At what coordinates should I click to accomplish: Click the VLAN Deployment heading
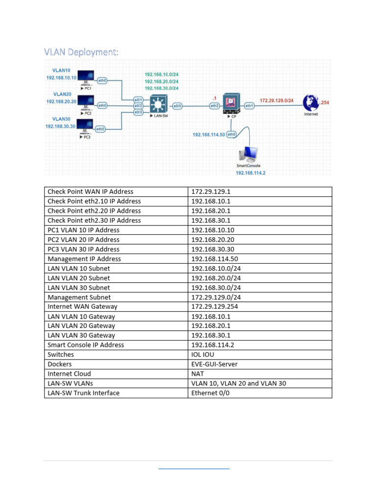(x=81, y=52)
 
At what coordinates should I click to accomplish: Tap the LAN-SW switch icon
(x=157, y=104)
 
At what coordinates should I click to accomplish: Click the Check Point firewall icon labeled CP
(x=230, y=103)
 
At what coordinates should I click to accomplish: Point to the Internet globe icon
(x=310, y=103)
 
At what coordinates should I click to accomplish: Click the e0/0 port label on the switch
(x=177, y=105)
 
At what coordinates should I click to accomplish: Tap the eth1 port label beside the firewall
(x=249, y=105)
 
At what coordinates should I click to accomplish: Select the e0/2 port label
(x=138, y=106)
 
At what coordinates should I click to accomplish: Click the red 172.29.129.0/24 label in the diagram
(x=277, y=100)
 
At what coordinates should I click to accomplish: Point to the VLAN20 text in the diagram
(x=62, y=94)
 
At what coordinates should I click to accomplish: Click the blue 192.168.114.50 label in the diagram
(x=209, y=135)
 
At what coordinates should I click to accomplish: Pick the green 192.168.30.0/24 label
(x=162, y=88)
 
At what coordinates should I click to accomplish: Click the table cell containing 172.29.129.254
(x=259, y=307)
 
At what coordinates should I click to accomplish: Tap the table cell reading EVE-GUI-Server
(x=259, y=364)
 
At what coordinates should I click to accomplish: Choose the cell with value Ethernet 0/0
(x=259, y=393)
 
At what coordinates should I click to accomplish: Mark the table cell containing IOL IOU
(x=259, y=355)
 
